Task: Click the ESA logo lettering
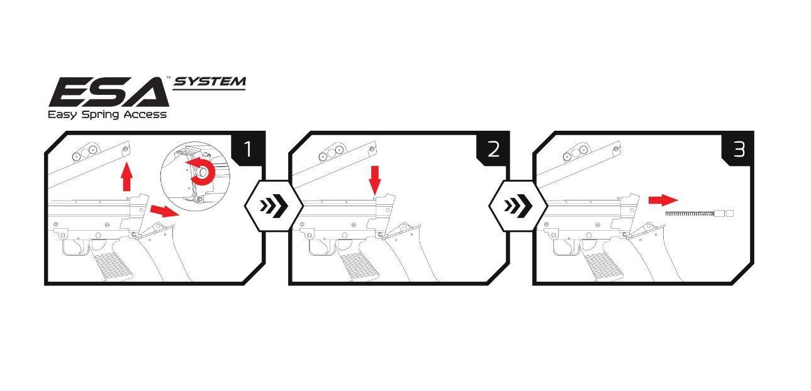[109, 92]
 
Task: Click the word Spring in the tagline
[100, 115]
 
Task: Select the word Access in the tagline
[145, 114]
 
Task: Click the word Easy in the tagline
[62, 115]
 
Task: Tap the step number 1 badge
[248, 148]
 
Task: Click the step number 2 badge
[493, 148]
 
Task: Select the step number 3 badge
[738, 148]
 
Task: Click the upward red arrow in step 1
[126, 176]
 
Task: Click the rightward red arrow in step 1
[165, 211]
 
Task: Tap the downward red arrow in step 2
[376, 180]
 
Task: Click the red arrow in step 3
[663, 200]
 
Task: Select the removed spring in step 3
[700, 213]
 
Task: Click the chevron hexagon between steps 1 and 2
[274, 206]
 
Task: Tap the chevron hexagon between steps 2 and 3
[518, 206]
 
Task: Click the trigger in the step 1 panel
[81, 247]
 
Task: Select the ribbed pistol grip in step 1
[112, 266]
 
